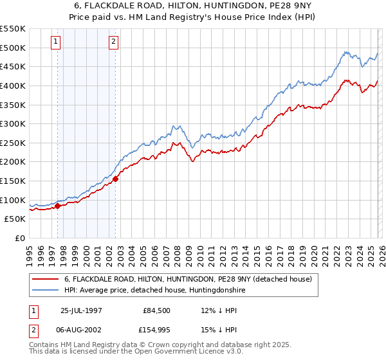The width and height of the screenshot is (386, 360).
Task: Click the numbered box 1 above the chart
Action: coord(56,42)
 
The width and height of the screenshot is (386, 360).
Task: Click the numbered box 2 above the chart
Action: coord(113,42)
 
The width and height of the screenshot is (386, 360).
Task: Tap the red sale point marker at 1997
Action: coord(58,206)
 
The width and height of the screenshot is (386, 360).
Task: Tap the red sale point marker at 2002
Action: coord(115,179)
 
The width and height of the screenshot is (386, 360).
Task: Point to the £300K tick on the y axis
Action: coord(13,123)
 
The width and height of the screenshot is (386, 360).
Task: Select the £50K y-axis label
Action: coord(15,219)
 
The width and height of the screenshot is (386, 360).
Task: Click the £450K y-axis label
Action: coord(13,66)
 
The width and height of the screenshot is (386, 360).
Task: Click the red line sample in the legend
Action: coord(46,279)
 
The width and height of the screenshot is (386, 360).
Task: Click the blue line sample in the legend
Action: coord(46,291)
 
